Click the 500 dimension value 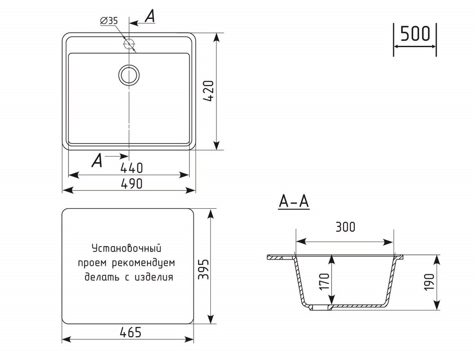(415, 34)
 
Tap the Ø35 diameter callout (109, 21)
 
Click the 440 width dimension (131, 168)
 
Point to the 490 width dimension (131, 184)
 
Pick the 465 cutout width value (130, 333)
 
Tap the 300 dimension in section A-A (345, 227)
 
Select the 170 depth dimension (324, 281)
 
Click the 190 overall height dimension (429, 282)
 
